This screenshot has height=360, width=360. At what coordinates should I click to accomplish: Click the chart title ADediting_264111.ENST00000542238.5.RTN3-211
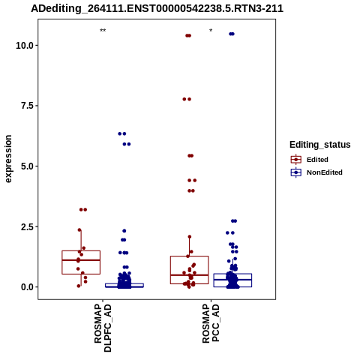click(x=157, y=8)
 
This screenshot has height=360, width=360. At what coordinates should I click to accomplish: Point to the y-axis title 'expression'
click(x=8, y=159)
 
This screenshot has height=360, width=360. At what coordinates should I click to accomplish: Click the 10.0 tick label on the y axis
click(x=25, y=46)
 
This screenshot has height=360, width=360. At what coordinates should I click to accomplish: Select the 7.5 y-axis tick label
click(x=28, y=106)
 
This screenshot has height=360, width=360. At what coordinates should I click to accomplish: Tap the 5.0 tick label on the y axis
click(x=28, y=166)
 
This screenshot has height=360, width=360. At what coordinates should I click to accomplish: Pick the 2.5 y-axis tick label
click(x=28, y=226)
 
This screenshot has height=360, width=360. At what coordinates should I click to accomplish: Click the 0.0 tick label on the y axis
click(x=28, y=287)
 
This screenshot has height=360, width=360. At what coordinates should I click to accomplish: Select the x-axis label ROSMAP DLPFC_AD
click(x=103, y=328)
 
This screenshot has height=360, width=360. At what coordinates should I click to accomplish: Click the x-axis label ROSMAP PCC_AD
click(x=211, y=323)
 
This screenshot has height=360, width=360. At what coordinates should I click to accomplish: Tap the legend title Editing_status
click(x=320, y=145)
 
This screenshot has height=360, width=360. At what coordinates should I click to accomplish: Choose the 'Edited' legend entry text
click(x=317, y=160)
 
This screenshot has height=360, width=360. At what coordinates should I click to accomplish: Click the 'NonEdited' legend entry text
click(x=325, y=172)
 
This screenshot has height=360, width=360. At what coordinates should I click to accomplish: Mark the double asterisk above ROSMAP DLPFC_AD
click(x=103, y=31)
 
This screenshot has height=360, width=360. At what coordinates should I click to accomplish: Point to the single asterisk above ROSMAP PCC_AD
click(x=211, y=31)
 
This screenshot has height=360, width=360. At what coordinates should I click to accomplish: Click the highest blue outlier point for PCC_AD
click(x=232, y=34)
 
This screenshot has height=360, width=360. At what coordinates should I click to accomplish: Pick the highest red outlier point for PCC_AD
click(x=188, y=36)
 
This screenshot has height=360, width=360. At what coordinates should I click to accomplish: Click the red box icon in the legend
click(x=296, y=159)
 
